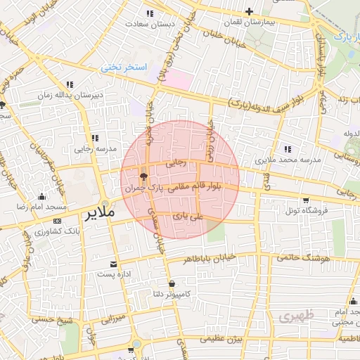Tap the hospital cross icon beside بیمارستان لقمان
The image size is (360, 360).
[x=249, y=12]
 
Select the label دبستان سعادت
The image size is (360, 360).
[x=146, y=23]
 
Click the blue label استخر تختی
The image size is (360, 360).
[x=124, y=67]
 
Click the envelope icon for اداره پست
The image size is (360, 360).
[x=113, y=264]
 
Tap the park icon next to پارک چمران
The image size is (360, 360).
[x=143, y=176]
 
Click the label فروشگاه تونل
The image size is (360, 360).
[x=303, y=210]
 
